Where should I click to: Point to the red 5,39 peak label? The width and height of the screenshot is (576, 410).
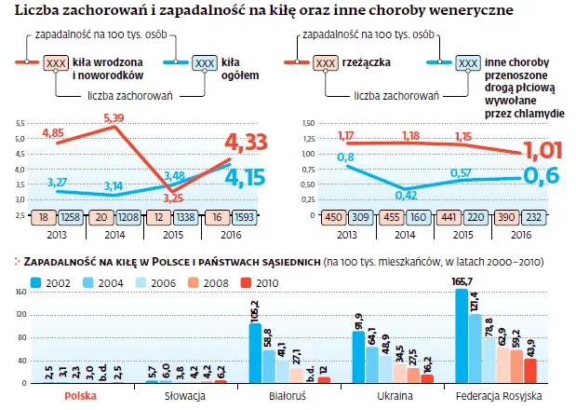click(113, 117)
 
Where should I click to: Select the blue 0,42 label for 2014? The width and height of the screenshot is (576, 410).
click(406, 195)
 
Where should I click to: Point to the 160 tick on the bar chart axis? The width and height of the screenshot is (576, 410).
click(20, 293)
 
